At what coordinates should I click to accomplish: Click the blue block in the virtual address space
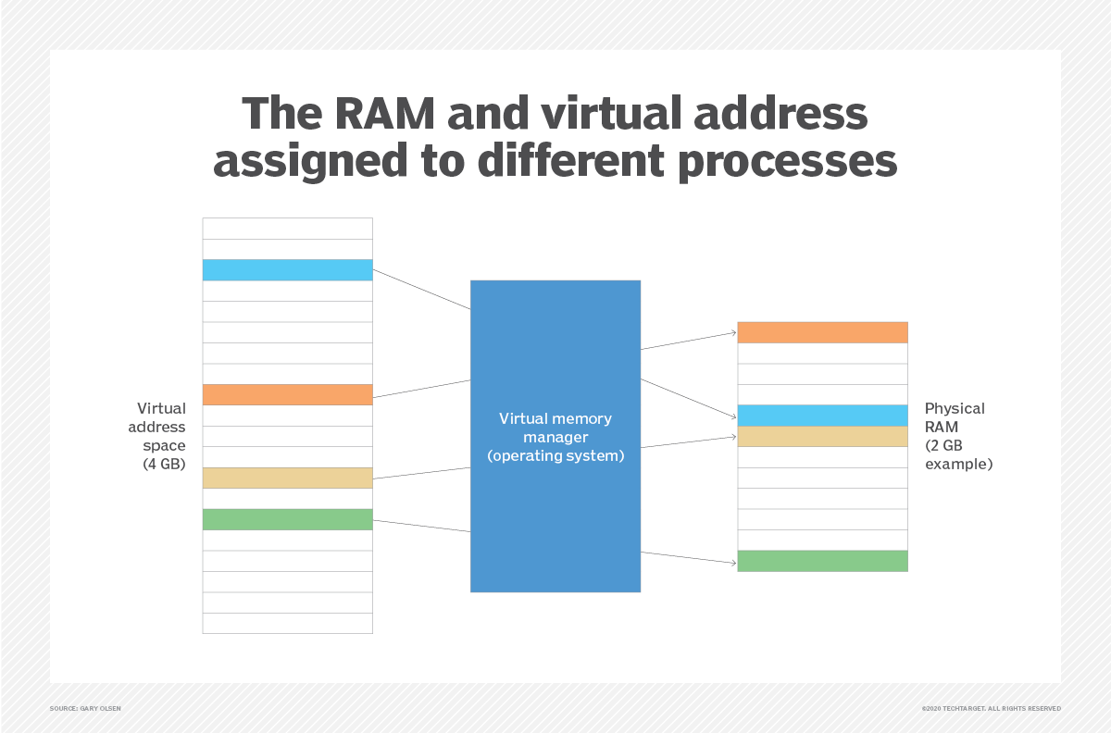[x=287, y=270]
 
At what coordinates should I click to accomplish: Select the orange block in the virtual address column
[x=287, y=395]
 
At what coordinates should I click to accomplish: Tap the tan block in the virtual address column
[x=287, y=478]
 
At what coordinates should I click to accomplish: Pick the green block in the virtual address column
[x=287, y=519]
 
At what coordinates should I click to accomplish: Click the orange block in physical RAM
[x=822, y=332]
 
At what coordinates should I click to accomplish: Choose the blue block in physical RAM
[x=822, y=416]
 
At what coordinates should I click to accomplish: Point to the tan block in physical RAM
[x=822, y=437]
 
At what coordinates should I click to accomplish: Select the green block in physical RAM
[x=822, y=561]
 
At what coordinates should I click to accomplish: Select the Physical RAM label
[x=955, y=416]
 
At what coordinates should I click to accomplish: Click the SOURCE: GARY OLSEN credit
[x=85, y=709]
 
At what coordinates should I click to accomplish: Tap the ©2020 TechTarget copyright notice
[x=991, y=709]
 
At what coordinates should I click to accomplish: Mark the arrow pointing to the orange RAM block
[x=689, y=341]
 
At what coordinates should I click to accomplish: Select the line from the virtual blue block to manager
[x=421, y=290]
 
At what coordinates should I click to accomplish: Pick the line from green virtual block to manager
[x=421, y=526]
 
